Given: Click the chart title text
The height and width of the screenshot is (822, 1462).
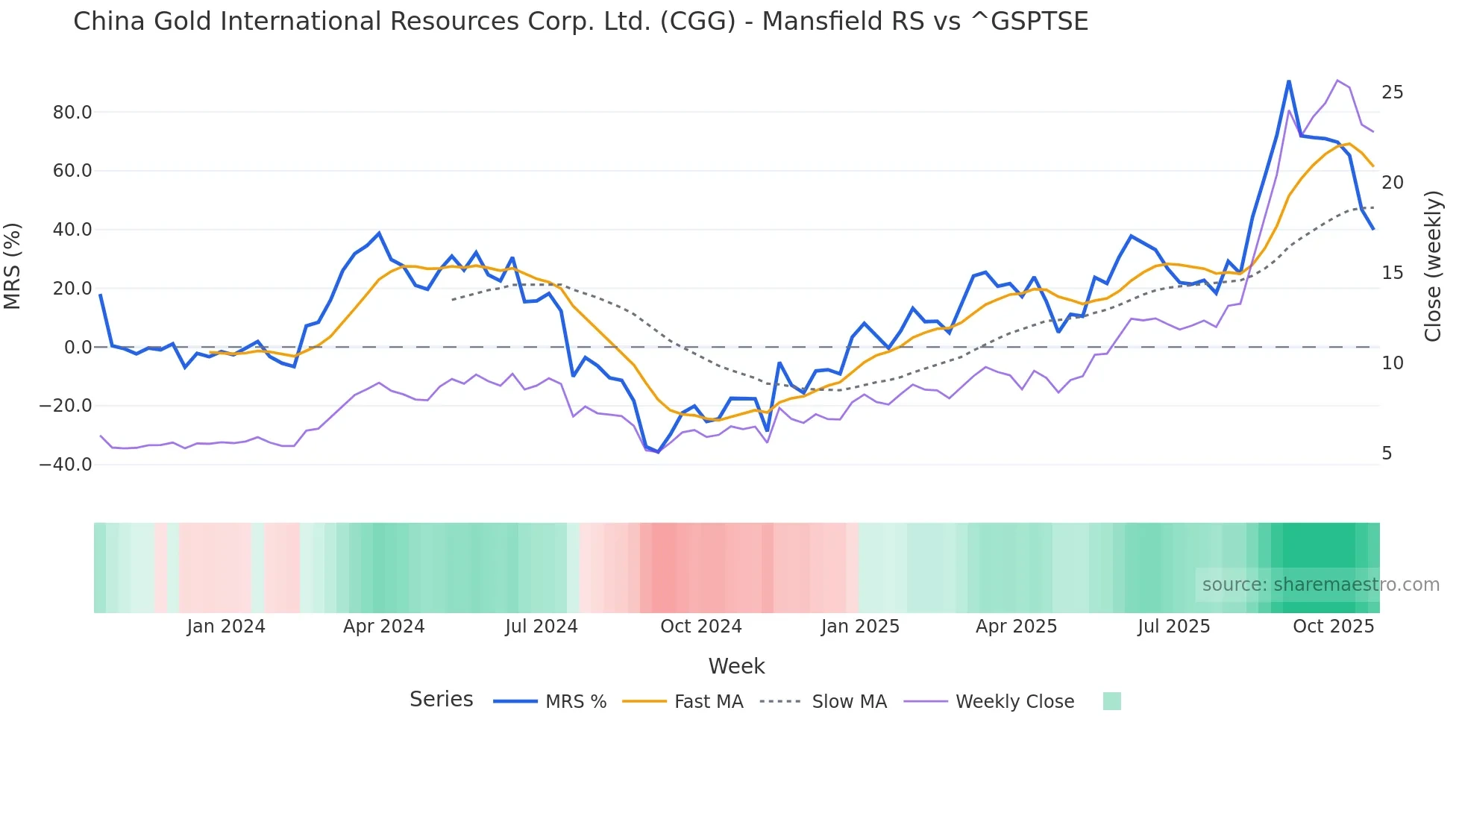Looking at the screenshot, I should pos(580,22).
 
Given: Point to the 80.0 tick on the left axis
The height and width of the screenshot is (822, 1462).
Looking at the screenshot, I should pos(72,113).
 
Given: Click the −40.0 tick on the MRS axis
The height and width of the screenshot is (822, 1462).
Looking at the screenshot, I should pos(66,465).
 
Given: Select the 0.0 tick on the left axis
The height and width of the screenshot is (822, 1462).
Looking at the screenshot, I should pos(78,348).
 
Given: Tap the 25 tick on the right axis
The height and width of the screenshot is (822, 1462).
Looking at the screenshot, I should pos(1392,92).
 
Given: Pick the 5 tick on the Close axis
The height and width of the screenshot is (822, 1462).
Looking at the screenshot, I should pos(1387,454).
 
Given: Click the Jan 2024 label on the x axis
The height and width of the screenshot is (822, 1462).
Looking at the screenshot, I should pos(226,627).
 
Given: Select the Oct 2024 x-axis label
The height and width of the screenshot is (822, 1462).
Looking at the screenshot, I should pos(700,627).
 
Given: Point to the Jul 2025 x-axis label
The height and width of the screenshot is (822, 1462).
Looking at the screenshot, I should pos(1173,627).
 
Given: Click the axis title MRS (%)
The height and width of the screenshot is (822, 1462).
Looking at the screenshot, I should pos(13,266).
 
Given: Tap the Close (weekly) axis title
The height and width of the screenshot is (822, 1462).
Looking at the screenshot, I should pos(1432,266).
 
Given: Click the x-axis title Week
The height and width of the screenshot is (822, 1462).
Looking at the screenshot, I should pos(736,666).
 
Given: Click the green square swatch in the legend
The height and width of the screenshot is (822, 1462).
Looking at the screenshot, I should pos(1111,701).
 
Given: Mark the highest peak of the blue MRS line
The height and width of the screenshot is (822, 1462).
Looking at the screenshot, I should pos(1288,81).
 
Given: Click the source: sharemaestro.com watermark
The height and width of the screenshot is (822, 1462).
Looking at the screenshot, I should pos(1320,585).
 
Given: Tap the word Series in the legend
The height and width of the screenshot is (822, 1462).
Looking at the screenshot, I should pos(441,700).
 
